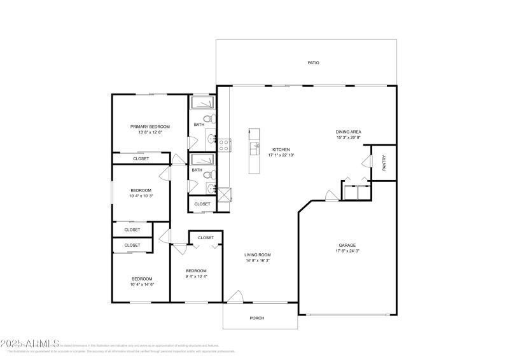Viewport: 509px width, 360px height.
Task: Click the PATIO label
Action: click(313, 63)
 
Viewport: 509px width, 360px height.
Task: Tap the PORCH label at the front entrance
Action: click(256, 318)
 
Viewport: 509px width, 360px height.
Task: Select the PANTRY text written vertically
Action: click(384, 163)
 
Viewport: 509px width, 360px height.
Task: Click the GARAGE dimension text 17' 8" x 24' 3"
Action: click(347, 251)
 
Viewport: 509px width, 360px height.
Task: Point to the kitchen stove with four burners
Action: click(224, 144)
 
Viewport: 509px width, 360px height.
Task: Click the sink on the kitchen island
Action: click(254, 148)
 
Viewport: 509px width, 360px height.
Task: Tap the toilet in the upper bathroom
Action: click(207, 119)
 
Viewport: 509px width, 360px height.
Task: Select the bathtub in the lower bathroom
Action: click(203, 160)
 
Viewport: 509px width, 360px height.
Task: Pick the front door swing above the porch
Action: click(235, 296)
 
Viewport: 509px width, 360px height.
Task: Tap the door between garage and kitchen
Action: click(330, 195)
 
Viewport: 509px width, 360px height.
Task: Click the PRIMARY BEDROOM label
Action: click(150, 127)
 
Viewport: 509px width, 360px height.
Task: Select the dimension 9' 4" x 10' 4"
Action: click(196, 275)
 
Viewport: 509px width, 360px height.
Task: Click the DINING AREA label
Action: click(349, 132)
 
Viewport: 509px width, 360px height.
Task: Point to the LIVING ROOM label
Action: click(258, 255)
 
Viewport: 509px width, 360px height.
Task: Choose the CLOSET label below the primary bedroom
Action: click(141, 158)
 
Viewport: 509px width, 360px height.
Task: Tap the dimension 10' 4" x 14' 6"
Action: click(141, 284)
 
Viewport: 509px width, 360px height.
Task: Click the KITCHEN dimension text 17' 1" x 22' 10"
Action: click(281, 155)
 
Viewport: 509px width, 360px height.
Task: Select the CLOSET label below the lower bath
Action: click(202, 204)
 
